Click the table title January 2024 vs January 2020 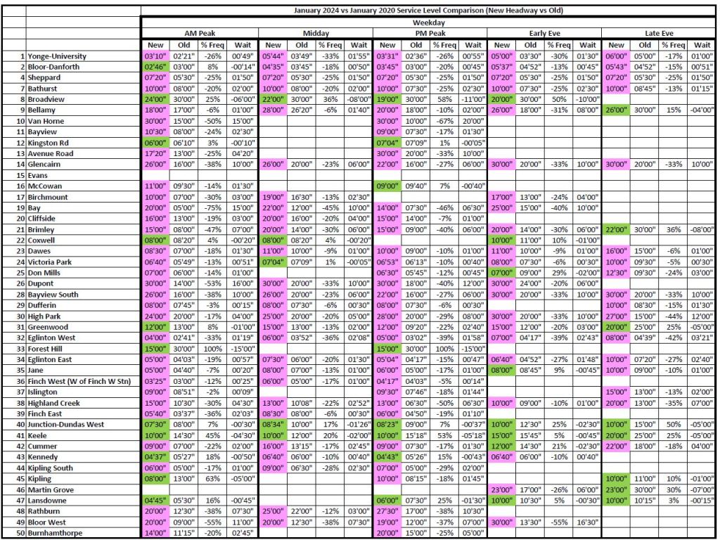click(430, 11)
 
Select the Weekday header click(430, 22)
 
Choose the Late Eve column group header click(660, 33)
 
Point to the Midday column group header click(315, 33)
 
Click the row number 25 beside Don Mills click(20, 273)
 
